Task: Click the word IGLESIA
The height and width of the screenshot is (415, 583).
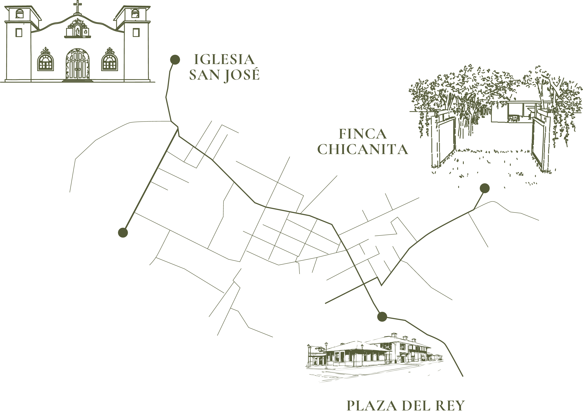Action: coord(224,60)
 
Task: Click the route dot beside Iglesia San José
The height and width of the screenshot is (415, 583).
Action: coord(175,60)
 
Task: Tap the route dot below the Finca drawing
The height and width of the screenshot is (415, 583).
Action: coord(485,188)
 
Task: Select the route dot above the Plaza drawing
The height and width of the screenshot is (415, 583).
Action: coord(382,317)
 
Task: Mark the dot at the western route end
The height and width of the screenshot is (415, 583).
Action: coord(123,233)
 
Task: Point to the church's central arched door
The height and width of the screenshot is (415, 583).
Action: coord(78,64)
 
